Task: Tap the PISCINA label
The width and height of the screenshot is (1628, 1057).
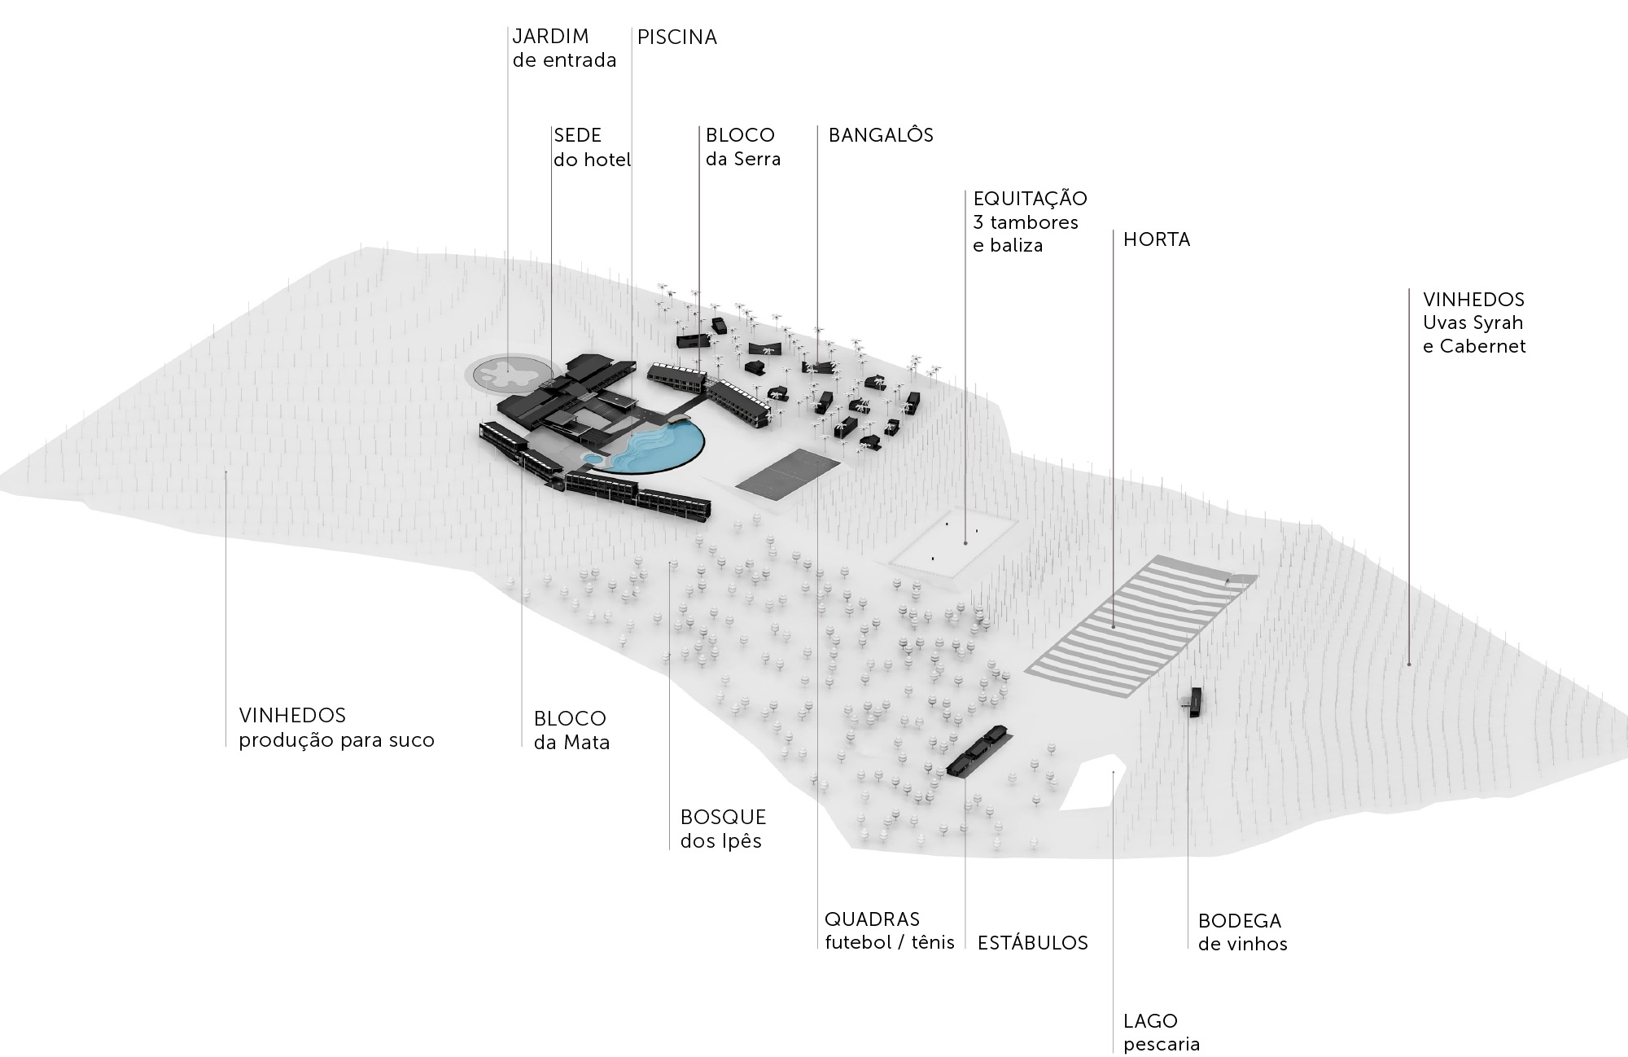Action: point(676,37)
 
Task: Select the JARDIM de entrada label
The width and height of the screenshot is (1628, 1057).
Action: point(563,48)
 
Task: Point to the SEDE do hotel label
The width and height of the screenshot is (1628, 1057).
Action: point(592,147)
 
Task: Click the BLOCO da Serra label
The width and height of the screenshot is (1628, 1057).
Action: point(742,147)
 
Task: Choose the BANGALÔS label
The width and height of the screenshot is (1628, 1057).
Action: point(881,135)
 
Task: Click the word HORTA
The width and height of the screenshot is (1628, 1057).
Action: point(1156,240)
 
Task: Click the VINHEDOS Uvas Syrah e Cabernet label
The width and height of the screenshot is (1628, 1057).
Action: point(1473,322)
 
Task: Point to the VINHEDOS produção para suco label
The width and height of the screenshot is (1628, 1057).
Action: point(336,728)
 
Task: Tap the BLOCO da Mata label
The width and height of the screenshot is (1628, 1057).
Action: point(571,730)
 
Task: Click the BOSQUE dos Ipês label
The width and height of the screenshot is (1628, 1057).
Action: point(723,828)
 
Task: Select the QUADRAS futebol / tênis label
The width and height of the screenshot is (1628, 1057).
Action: point(889,931)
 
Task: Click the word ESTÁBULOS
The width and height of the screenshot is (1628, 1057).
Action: point(1032,943)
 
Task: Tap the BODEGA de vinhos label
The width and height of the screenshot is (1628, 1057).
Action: point(1242,932)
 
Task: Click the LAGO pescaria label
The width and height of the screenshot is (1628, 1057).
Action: point(1162,1032)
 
